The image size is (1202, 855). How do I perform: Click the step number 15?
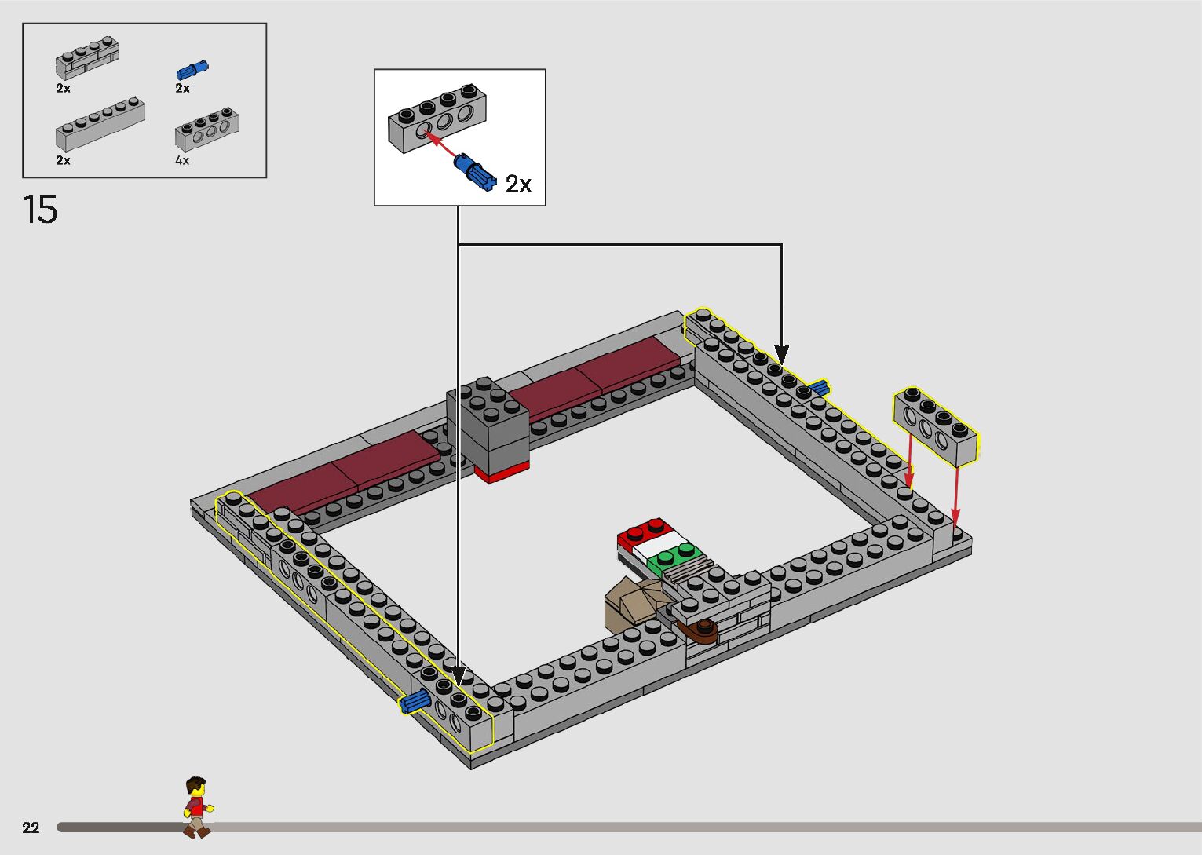40,210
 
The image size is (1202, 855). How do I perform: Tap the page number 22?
31,828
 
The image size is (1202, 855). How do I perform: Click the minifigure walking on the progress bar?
197,807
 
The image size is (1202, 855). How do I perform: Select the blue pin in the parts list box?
193,69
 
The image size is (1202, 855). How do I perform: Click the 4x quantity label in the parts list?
182,160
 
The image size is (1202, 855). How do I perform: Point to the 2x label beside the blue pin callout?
518,184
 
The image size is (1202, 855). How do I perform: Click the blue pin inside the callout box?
475,170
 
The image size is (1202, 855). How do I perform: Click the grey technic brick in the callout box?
437,119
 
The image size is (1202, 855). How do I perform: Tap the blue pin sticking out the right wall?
820,388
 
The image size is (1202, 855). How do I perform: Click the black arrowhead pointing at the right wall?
781,354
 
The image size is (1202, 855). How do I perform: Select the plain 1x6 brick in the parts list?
100,125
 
